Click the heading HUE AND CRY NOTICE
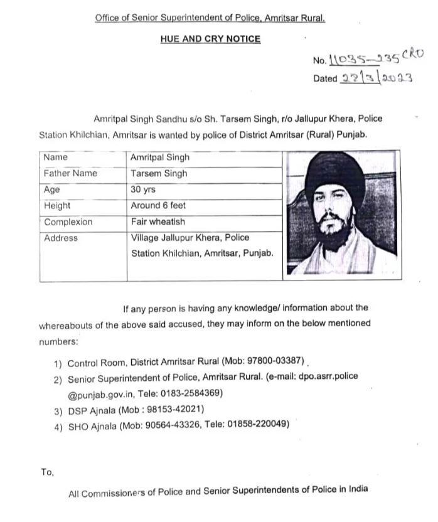[210, 39]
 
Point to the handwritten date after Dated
[375, 78]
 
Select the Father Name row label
[70, 173]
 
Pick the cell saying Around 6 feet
[158, 205]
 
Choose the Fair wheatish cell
[158, 221]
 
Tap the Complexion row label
[68, 221]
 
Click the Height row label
[57, 205]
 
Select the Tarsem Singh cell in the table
[159, 173]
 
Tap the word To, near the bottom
[47, 472]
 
